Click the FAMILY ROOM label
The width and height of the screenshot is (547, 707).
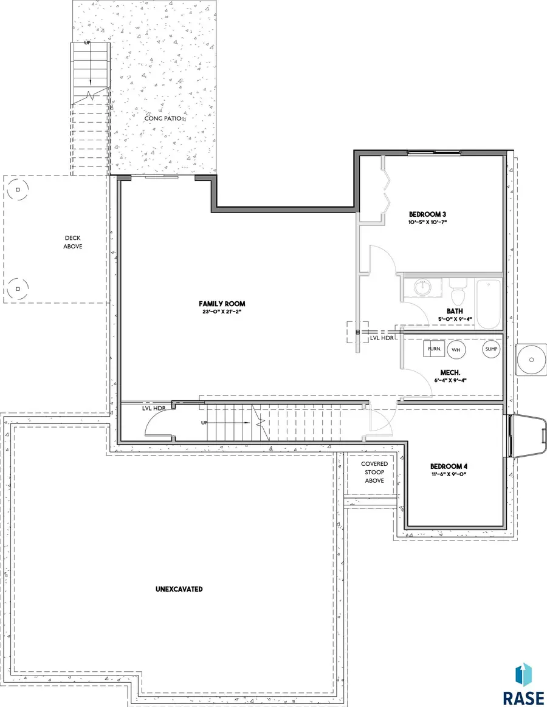click(222, 304)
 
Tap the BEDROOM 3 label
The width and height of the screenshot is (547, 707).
click(427, 214)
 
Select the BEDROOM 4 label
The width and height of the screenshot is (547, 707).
click(449, 466)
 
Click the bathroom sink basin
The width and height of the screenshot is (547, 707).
click(423, 287)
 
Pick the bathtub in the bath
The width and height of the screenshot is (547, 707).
click(489, 304)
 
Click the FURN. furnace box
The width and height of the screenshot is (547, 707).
click(434, 349)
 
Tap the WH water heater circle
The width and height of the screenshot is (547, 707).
click(456, 350)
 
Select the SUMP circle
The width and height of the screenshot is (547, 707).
click(491, 349)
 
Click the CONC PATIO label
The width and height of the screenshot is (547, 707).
click(163, 118)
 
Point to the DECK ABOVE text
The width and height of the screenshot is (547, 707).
click(73, 242)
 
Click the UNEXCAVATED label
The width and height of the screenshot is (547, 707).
click(179, 589)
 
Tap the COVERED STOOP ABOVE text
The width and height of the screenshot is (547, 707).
click(374, 472)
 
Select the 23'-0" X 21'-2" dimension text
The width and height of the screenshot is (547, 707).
click(222, 312)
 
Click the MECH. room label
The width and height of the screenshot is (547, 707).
click(450, 373)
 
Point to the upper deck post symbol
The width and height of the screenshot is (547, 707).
click(18, 190)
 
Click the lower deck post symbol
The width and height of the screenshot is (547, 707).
click(18, 289)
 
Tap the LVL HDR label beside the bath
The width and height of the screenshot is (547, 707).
click(382, 338)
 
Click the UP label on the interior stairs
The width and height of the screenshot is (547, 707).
click(204, 423)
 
